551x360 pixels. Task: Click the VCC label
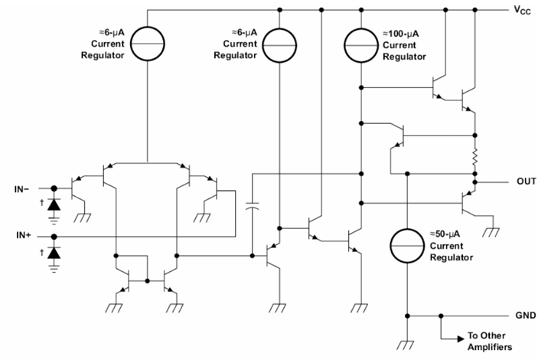(519, 11)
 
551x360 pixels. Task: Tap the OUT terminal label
(526, 182)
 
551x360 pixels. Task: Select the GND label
(526, 315)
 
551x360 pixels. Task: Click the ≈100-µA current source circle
(360, 44)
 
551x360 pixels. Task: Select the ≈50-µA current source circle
(408, 245)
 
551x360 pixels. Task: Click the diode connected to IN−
(54, 205)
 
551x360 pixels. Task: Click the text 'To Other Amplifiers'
(491, 341)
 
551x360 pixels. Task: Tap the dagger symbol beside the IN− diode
(41, 204)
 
